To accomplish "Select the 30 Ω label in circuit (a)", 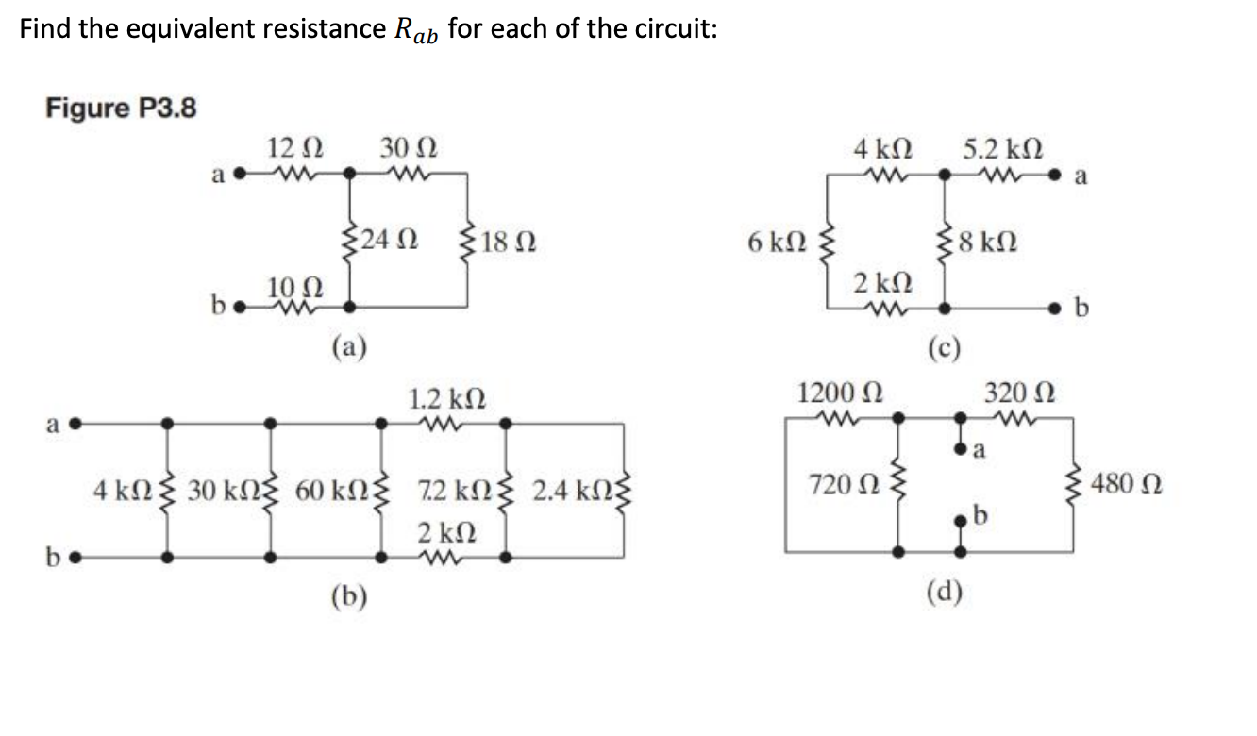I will [x=408, y=148].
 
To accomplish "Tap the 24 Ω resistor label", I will [x=389, y=239].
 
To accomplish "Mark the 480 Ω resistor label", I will [x=1127, y=486].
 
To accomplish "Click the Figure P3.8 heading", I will [x=121, y=109].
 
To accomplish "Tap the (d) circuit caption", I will [x=944, y=591].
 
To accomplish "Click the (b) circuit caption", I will [x=350, y=594].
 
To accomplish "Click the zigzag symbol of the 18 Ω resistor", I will [x=467, y=240].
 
